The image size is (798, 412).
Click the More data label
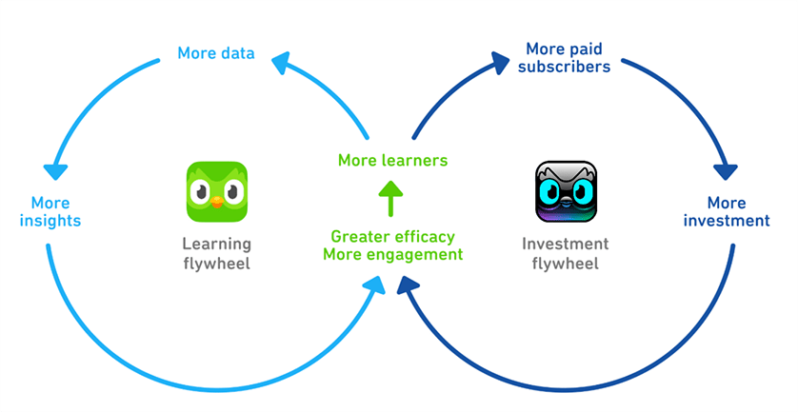pyautogui.click(x=216, y=53)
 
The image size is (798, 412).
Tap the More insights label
pyautogui.click(x=50, y=211)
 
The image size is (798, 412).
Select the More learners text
pyautogui.click(x=393, y=161)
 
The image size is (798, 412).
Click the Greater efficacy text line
pyautogui.click(x=393, y=237)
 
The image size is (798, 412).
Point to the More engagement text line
pyautogui.click(x=393, y=254)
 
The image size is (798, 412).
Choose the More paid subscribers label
pyautogui.click(x=564, y=57)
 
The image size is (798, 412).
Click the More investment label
pyautogui.click(x=727, y=211)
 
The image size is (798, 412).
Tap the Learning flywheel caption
pyautogui.click(x=217, y=253)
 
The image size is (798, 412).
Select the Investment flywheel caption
pyautogui.click(x=565, y=253)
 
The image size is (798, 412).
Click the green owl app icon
pyautogui.click(x=217, y=192)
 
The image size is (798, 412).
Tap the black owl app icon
pyautogui.click(x=566, y=192)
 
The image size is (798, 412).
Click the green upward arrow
pyautogui.click(x=390, y=198)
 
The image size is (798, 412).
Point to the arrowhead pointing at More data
pyautogui.click(x=282, y=63)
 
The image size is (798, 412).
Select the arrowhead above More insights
pyautogui.click(x=55, y=171)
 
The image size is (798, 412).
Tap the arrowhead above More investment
pyautogui.click(x=726, y=171)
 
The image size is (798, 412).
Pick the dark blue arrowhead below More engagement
pyautogui.click(x=408, y=285)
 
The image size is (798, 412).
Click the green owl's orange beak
pyautogui.click(x=217, y=203)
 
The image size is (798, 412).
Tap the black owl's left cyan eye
pyautogui.click(x=551, y=192)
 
